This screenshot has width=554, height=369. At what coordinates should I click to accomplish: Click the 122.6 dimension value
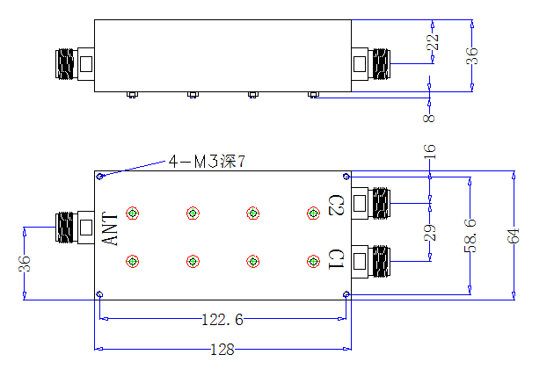pos(222,320)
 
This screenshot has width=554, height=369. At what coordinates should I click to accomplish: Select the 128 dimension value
pos(222,350)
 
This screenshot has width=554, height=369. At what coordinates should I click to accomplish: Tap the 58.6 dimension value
pos(470,235)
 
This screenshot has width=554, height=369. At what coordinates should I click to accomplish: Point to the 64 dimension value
pos(514,235)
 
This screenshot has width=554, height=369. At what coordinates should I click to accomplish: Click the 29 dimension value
pos(430,233)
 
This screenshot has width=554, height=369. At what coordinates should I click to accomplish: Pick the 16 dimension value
pos(430,152)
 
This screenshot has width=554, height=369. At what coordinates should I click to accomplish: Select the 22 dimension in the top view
pos(433,42)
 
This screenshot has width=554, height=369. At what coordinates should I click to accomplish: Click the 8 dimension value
pos(429,118)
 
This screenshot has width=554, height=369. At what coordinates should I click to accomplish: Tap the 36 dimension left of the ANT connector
pos(25,264)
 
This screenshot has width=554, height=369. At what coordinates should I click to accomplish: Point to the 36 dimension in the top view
pos(472,56)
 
